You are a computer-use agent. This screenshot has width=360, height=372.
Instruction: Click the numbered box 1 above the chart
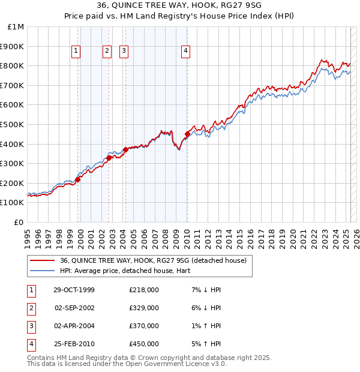pos(77,52)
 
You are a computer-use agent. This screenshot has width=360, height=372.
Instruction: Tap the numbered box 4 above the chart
pos(186,52)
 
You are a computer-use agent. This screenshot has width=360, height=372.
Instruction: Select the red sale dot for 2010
pos(187,134)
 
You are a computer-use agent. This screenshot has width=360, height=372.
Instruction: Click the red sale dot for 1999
pos(78,179)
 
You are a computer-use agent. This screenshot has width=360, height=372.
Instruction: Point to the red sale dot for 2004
pos(125,149)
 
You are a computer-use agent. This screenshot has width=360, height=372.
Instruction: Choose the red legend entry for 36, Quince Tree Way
pos(153,260)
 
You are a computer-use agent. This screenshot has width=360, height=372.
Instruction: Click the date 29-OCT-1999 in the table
pos(74,290)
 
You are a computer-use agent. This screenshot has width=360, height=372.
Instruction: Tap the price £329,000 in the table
pos(143,308)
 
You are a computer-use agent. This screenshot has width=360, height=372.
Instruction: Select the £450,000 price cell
pos(143,344)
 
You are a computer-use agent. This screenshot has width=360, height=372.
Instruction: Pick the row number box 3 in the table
pos(30,326)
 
